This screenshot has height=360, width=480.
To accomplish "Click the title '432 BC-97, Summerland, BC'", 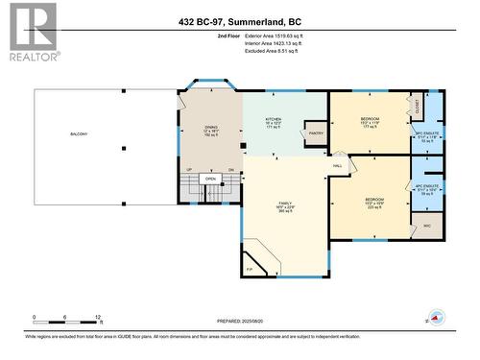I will coord(239,20).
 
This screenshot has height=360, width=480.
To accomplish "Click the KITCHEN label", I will coord(274,120).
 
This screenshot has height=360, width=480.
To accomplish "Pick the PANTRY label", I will coord(314,133).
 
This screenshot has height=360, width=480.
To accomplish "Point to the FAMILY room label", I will coord(285,203).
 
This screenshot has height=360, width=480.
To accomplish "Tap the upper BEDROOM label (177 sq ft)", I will coord(370,119).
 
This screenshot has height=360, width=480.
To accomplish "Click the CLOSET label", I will coord(416,103).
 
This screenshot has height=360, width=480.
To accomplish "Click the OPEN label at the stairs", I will coord(210,179).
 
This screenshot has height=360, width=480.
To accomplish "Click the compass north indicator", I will coord(434,318).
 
